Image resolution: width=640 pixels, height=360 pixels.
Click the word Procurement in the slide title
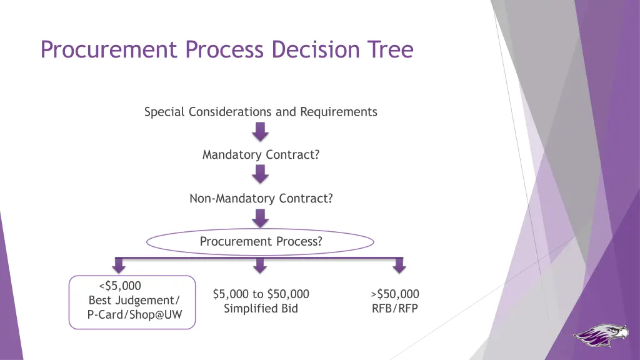click(108, 49)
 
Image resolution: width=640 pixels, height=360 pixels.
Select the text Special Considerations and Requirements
click(261, 112)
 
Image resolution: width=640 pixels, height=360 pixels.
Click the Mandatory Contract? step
click(261, 155)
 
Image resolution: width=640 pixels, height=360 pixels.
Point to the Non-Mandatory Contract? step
click(261, 199)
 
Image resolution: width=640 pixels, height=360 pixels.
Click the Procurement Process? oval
click(261, 242)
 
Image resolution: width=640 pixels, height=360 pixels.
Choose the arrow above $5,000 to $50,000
click(261, 266)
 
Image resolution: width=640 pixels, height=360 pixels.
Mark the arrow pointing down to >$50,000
click(398, 266)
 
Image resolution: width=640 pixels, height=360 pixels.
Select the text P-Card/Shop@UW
click(134, 315)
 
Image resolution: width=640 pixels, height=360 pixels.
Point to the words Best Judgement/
click(134, 301)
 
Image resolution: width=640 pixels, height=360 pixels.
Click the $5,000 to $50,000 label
click(261, 294)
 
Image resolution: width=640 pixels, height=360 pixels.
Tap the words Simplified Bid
click(261, 309)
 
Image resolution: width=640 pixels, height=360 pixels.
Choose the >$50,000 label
click(395, 294)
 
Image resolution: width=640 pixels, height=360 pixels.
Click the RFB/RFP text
click(395, 309)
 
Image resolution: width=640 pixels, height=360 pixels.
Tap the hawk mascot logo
click(601, 336)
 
